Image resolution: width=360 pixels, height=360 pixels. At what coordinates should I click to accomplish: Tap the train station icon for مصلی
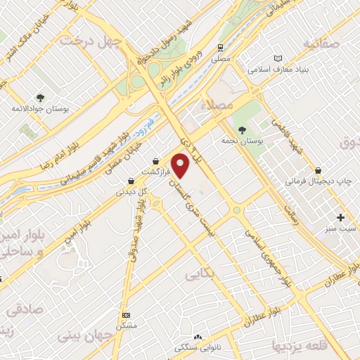point(221,49)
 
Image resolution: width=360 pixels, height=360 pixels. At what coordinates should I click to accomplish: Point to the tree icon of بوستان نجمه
point(243,130)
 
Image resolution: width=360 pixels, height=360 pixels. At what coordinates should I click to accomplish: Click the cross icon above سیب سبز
point(342,217)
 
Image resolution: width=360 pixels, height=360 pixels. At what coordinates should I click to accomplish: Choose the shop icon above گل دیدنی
point(131,180)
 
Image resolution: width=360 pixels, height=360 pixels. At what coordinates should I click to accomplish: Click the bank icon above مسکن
point(126,315)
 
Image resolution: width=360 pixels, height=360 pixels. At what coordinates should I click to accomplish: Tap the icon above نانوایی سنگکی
point(197,337)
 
